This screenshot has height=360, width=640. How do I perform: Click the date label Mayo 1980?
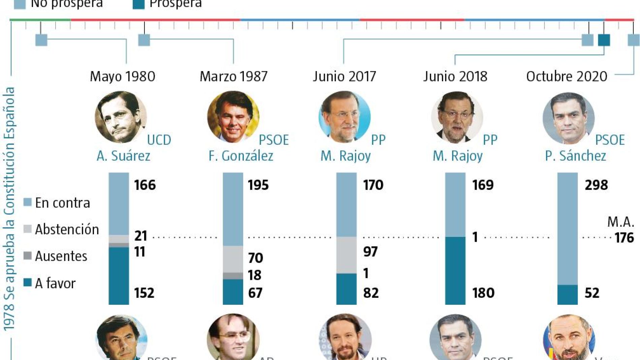122,76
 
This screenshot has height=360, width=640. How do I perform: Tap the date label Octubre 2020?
567,76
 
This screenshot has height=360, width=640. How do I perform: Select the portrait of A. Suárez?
121,117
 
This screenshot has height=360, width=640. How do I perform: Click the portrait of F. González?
233,117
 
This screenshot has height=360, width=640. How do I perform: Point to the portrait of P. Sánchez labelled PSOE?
569,118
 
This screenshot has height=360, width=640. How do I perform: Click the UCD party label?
159,140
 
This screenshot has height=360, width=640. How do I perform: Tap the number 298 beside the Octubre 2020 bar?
596,185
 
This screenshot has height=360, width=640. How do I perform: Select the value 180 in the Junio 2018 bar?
483,293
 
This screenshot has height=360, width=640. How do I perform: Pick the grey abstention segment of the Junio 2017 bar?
346,255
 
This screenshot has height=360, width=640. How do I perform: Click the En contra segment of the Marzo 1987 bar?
233,209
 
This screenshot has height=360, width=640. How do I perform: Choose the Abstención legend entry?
67,229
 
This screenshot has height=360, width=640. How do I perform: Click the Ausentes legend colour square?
28,256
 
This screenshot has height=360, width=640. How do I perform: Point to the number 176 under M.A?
624,238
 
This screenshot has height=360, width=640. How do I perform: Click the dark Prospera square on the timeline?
604,40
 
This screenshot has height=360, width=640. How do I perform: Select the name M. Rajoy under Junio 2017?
345,156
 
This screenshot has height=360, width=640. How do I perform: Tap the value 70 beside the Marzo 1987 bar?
255,258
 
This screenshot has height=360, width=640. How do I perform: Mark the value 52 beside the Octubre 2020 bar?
592,293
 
